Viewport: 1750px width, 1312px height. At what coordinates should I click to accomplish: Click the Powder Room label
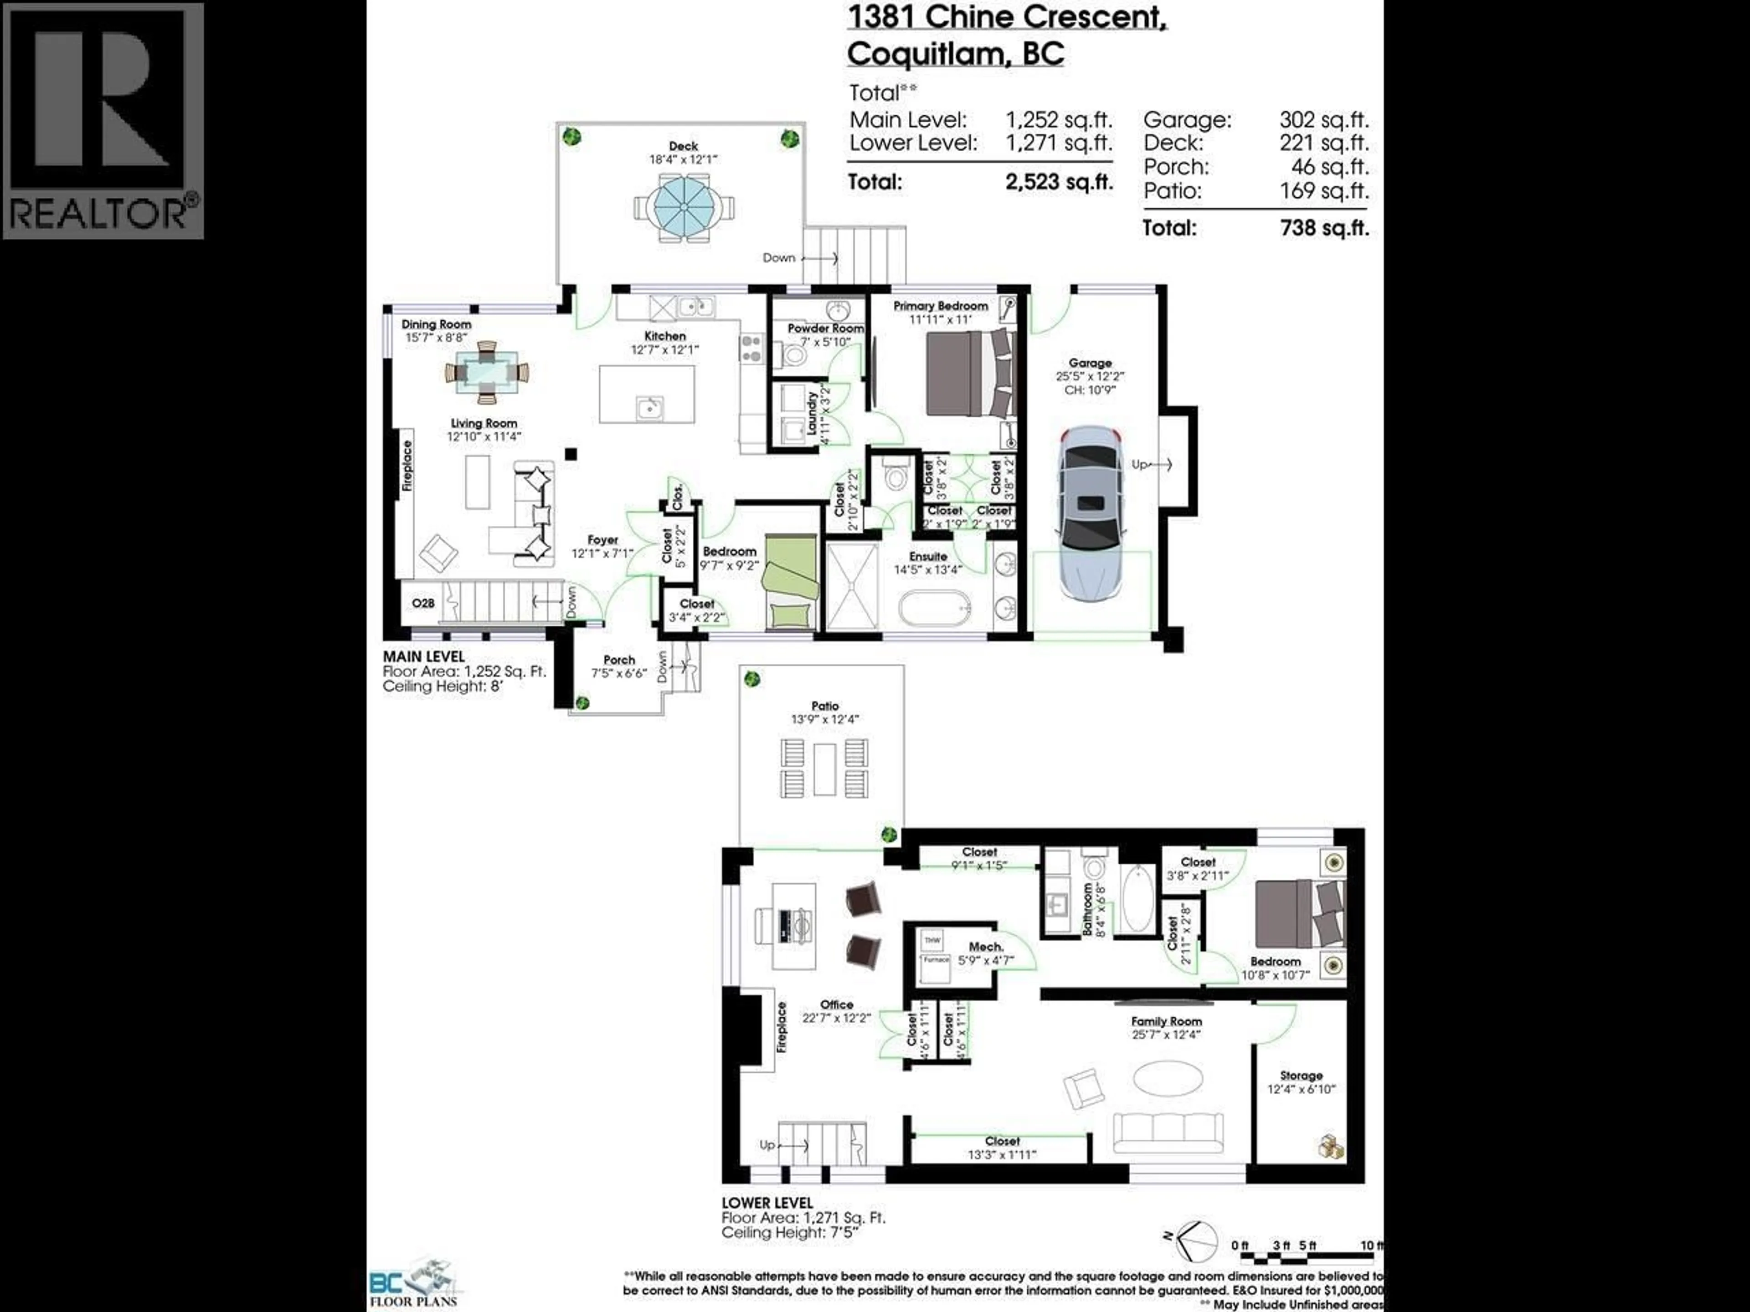[825, 328]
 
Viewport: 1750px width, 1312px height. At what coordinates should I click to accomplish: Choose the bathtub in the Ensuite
[934, 610]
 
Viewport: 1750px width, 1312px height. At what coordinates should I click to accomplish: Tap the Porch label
[619, 660]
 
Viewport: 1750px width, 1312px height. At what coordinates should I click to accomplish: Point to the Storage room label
[1301, 1076]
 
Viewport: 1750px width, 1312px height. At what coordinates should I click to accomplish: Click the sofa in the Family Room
[1168, 1133]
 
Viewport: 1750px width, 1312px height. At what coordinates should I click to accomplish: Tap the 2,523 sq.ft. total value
[1059, 182]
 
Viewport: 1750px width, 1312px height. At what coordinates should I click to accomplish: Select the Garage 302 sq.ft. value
[1323, 120]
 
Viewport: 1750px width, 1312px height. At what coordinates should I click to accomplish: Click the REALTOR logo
[103, 120]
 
